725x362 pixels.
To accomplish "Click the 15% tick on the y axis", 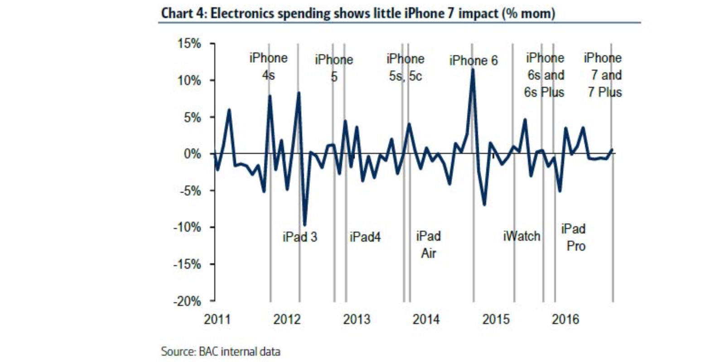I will point(189,44).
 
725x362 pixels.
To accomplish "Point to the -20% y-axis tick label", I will point(187,301).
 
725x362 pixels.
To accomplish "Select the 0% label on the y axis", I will point(192,154).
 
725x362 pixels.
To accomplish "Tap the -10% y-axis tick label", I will point(187,228).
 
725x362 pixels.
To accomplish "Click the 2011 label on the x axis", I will point(217,319).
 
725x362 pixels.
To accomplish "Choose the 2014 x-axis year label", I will point(426,319).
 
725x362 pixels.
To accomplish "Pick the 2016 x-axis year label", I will point(565,319).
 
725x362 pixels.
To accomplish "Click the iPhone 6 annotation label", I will point(473,61).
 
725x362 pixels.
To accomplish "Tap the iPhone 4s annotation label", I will point(268,67).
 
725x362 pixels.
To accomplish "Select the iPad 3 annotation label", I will point(300,237).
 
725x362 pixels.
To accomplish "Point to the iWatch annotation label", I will point(522,236).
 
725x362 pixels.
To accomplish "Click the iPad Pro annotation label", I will point(574,238).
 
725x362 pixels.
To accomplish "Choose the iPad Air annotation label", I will point(428,244).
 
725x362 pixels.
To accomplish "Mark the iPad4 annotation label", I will point(365,237).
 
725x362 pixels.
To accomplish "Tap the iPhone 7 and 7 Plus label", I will point(604,75).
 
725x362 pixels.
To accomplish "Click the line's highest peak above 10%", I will point(473,70).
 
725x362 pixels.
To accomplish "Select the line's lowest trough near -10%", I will point(304,225).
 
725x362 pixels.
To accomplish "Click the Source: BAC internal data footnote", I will point(221,352).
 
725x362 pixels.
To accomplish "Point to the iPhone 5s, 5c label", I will point(406,67).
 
